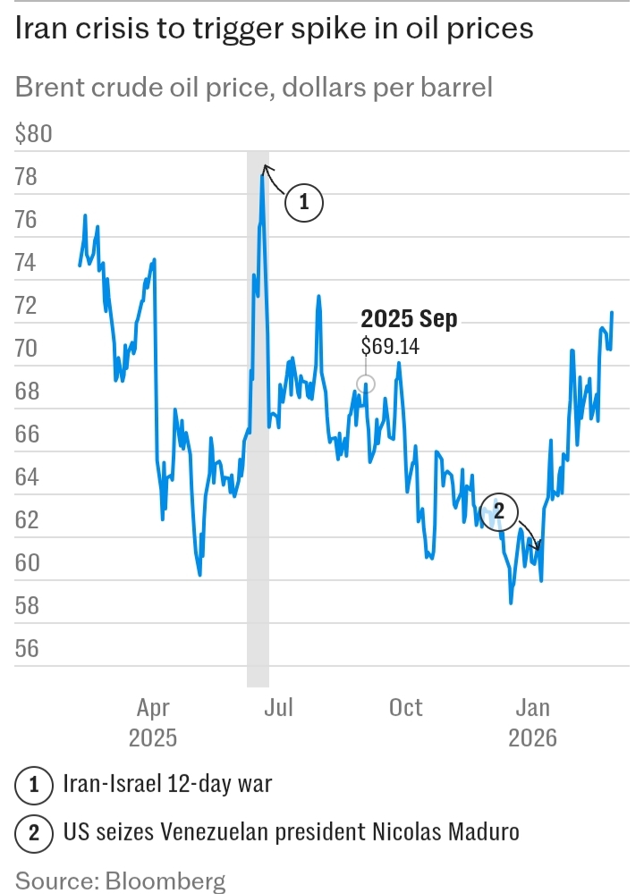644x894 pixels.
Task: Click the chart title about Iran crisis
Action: pyautogui.click(x=275, y=29)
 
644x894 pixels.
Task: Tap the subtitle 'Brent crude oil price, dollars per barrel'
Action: pyautogui.click(x=254, y=88)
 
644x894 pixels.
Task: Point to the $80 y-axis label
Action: pyautogui.click(x=35, y=135)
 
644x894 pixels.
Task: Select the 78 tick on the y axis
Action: pyautogui.click(x=27, y=177)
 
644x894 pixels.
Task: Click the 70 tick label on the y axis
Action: pyautogui.click(x=27, y=348)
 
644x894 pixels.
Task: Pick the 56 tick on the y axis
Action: pyautogui.click(x=27, y=647)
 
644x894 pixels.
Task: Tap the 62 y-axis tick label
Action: pyautogui.click(x=27, y=519)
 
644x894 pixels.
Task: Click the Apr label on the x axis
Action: pyautogui.click(x=153, y=708)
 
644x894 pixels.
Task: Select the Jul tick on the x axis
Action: pyautogui.click(x=279, y=708)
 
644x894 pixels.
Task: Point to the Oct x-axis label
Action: pyautogui.click(x=405, y=708)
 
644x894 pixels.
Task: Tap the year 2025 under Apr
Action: pyautogui.click(x=153, y=738)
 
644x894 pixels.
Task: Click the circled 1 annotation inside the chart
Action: pyautogui.click(x=303, y=203)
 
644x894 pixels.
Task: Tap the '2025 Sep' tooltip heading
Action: pyautogui.click(x=409, y=320)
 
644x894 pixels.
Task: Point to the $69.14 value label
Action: pyautogui.click(x=390, y=346)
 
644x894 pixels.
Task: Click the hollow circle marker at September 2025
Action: pyautogui.click(x=365, y=384)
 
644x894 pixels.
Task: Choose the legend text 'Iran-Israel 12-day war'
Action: pyautogui.click(x=167, y=786)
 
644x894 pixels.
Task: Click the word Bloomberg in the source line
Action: pyautogui.click(x=165, y=881)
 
